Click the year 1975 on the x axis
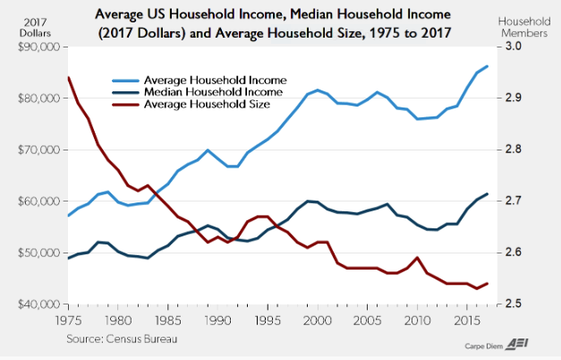tap(67, 320)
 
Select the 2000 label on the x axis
tap(313, 320)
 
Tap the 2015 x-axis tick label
tap(461, 320)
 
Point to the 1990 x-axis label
tap(215, 320)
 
